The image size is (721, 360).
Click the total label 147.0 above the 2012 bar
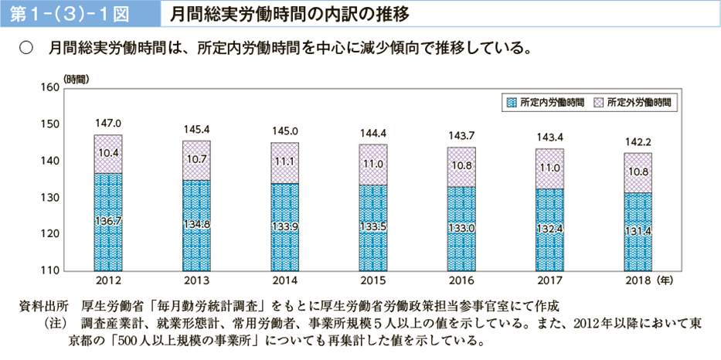click(108, 123)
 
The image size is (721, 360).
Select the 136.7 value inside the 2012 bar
click(108, 221)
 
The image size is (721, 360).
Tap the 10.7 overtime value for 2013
click(196, 159)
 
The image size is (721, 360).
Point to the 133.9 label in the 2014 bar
click(284, 226)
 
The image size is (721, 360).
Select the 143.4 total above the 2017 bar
click(549, 137)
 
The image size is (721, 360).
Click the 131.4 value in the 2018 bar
click(638, 230)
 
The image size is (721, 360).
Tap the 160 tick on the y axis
click(49, 88)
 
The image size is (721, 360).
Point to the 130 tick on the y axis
click(49, 198)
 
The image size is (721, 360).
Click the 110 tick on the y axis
click(49, 270)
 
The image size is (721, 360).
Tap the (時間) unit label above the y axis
click(77, 78)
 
